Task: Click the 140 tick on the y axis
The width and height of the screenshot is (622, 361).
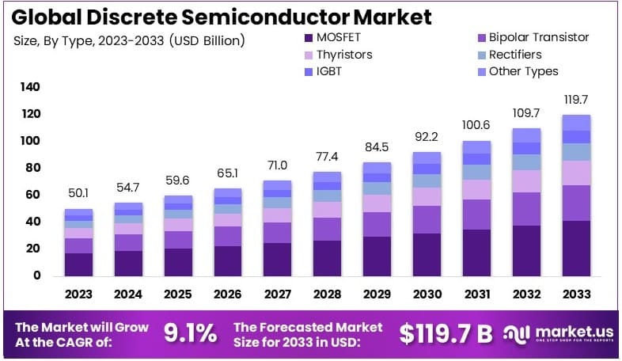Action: coord(29,87)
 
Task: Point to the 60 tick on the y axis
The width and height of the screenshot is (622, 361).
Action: coord(32,195)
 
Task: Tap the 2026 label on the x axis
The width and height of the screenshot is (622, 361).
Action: coord(228,294)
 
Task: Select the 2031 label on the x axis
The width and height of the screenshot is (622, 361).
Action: coord(476,294)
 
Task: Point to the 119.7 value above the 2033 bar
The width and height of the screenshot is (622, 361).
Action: coord(576,100)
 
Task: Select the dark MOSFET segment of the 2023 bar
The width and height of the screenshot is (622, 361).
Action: coord(79,264)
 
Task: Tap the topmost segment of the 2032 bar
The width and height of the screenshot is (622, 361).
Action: coord(526,135)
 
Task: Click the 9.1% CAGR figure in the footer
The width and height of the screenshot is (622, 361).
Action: coord(190,333)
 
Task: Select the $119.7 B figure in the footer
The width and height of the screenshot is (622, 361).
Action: coord(445,333)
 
